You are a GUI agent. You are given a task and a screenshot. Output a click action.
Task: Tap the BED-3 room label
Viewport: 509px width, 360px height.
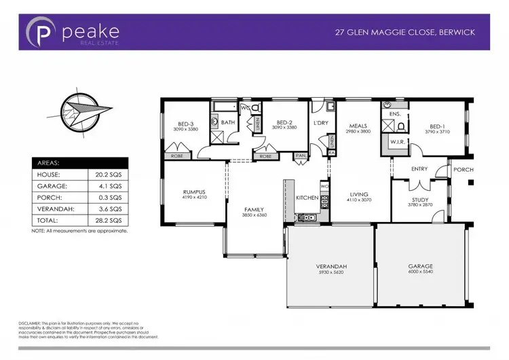pyautogui.click(x=185, y=124)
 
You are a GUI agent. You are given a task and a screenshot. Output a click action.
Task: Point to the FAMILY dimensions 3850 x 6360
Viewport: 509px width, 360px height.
pyautogui.click(x=254, y=215)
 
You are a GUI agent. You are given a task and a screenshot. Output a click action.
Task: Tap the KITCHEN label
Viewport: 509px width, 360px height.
pyautogui.click(x=307, y=198)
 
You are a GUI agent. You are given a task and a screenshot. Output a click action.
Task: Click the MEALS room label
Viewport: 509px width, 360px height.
pyautogui.click(x=358, y=126)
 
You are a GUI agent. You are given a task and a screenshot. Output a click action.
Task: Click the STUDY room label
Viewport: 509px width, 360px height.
pyautogui.click(x=420, y=199)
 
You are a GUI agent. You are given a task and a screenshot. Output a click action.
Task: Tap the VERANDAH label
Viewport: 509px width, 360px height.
pyautogui.click(x=331, y=266)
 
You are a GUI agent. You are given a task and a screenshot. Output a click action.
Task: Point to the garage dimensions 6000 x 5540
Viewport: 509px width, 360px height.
pyautogui.click(x=420, y=272)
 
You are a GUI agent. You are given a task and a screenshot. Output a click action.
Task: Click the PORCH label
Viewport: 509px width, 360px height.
pyautogui.click(x=463, y=169)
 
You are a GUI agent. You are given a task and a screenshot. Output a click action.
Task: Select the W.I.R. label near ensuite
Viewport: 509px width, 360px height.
pyautogui.click(x=397, y=141)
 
